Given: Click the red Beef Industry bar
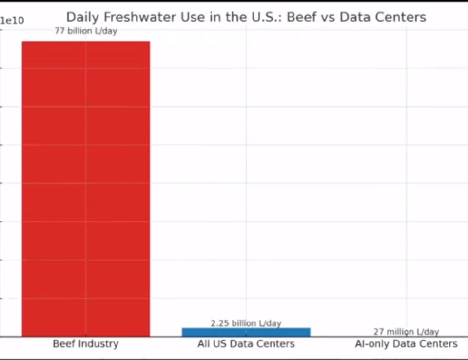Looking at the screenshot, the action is pyautogui.click(x=86, y=189).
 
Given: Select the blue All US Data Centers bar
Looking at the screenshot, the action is pyautogui.click(x=246, y=332).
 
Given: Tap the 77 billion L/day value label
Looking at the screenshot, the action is pyautogui.click(x=86, y=31).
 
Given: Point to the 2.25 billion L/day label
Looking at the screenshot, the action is pyautogui.click(x=246, y=323).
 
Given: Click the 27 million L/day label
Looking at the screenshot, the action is pyautogui.click(x=406, y=332).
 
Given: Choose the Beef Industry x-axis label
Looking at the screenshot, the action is pyautogui.click(x=86, y=343).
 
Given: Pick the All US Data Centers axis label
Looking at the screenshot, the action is pyautogui.click(x=246, y=343).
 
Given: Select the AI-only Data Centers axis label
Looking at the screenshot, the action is pyautogui.click(x=406, y=343).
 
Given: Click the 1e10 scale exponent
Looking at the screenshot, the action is pyautogui.click(x=12, y=20).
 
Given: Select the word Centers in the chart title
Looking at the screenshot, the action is pyautogui.click(x=401, y=17).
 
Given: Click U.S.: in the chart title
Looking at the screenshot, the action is pyautogui.click(x=267, y=17).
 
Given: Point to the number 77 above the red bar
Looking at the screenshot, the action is pyautogui.click(x=59, y=30).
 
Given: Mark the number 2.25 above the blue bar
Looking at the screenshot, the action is pyautogui.click(x=220, y=323).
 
